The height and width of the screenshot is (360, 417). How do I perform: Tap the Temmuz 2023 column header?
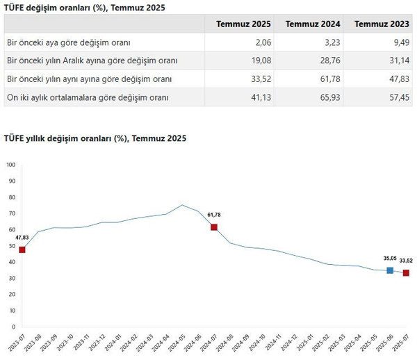pyautogui.click(x=379, y=24)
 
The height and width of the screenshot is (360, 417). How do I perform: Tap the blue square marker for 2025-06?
pyautogui.click(x=390, y=270)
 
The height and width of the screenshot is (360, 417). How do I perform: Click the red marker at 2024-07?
pyautogui.click(x=214, y=227)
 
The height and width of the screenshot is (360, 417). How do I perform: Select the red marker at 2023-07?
pyautogui.click(x=22, y=249)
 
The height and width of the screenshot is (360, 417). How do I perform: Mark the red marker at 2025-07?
pyautogui.click(x=406, y=273)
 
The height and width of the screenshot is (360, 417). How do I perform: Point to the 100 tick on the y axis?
pyautogui.click(x=10, y=165)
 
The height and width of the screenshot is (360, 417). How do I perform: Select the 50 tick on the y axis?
pyautogui.click(x=10, y=246)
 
